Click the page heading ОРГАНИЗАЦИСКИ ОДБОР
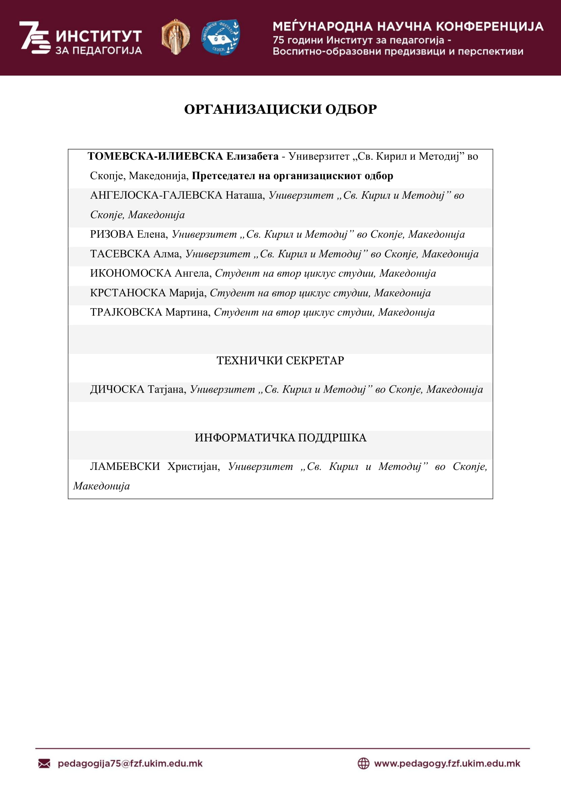click(x=280, y=110)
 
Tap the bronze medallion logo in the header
click(x=175, y=37)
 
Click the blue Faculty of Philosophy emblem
click(x=220, y=37)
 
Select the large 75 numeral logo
click(x=35, y=37)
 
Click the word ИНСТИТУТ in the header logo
click(x=99, y=36)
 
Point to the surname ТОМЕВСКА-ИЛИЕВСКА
click(x=155, y=156)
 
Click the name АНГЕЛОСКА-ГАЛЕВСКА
click(x=156, y=196)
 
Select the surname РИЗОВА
click(x=112, y=235)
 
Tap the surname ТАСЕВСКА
click(x=120, y=254)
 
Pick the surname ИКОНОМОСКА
click(x=131, y=274)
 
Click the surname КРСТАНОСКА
click(x=128, y=293)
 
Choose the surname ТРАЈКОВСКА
click(x=126, y=313)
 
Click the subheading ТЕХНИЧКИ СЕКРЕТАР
click(x=280, y=361)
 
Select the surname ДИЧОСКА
click(x=117, y=390)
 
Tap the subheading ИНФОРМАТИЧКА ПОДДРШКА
click(x=280, y=438)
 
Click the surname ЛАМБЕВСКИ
click(x=125, y=467)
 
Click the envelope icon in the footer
click(x=44, y=763)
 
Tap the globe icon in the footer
click(x=363, y=763)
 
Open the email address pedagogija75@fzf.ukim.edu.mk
click(x=130, y=763)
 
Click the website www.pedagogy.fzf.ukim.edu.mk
click(x=447, y=763)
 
